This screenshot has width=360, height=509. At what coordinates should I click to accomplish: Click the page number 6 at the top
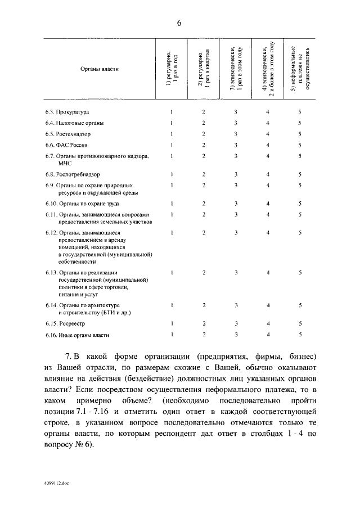[x=179, y=23]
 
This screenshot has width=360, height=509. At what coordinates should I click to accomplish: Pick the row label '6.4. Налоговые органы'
[x=75, y=123]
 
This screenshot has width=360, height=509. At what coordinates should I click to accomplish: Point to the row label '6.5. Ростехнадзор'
[x=67, y=134]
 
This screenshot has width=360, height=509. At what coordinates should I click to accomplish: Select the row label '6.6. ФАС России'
[x=66, y=145]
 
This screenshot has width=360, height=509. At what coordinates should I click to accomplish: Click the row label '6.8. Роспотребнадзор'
[x=72, y=174]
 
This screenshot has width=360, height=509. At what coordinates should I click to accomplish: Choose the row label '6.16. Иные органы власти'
[x=77, y=335]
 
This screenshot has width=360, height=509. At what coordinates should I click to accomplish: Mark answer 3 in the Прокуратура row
[x=236, y=112]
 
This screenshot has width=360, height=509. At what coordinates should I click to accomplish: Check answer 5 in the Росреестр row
[x=300, y=324]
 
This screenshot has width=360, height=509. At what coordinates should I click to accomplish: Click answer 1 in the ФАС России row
[x=172, y=145]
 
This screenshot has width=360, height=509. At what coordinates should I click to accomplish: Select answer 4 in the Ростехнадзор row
[x=268, y=134]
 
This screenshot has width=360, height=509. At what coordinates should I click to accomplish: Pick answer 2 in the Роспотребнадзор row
[x=204, y=174]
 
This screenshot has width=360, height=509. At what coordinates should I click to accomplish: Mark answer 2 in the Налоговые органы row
[x=204, y=123]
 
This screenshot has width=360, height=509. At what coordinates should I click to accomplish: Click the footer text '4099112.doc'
[x=57, y=483]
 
